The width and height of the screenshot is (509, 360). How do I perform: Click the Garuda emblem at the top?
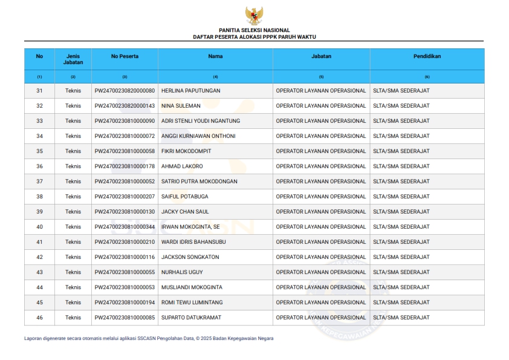[x=254, y=15]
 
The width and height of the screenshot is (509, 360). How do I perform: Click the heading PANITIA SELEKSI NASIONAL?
[x=254, y=30]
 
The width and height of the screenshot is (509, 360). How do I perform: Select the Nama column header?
[x=215, y=56]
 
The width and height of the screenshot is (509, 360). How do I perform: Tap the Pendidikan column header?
[x=427, y=56]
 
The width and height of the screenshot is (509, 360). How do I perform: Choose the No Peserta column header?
[x=125, y=56]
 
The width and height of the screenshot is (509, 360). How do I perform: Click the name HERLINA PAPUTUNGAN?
[x=190, y=91]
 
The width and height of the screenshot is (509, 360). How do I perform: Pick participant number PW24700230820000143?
[x=125, y=106]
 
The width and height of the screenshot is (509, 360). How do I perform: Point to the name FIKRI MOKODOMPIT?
[x=186, y=151]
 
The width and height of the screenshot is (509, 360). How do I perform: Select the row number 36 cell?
[x=39, y=166]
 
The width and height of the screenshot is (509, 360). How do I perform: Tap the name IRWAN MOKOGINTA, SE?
[x=190, y=227]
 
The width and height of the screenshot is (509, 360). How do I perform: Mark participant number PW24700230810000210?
[x=125, y=242]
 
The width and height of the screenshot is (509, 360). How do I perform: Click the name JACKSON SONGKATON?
[x=190, y=257]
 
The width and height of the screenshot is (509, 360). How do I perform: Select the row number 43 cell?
[x=39, y=272]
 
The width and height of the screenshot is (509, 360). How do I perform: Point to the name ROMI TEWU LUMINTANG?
[x=192, y=303]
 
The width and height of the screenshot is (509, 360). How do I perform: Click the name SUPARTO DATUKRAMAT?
[x=191, y=318]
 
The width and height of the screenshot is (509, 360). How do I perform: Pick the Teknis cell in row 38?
[x=73, y=197]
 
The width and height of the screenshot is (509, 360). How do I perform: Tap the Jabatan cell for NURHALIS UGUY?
[x=321, y=272]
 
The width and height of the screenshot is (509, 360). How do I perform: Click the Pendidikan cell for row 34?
[x=401, y=136]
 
